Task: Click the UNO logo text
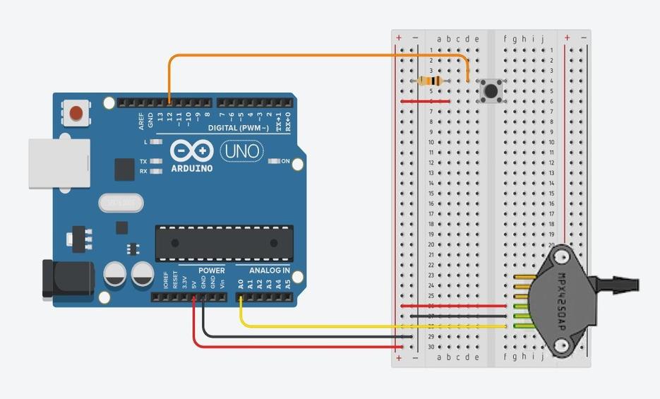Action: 242,150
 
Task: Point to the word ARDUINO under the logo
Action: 192,169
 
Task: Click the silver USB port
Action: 59,163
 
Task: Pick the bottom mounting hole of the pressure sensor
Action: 562,346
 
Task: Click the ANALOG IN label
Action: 269,270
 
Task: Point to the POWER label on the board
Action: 211,270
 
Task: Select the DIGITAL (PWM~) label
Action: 238,129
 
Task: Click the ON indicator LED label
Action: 285,161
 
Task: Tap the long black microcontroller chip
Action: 224,243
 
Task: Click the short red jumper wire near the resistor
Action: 425,101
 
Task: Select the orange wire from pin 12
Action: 318,56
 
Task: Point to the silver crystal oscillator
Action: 121,203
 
